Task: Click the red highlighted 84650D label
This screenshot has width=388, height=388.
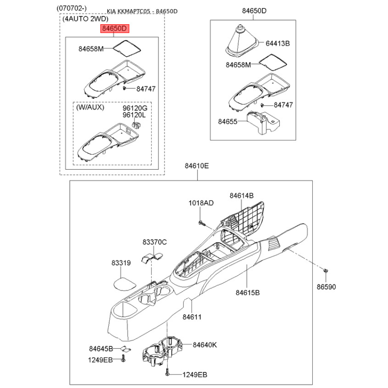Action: (114, 29)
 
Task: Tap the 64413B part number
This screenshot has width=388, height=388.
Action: (277, 43)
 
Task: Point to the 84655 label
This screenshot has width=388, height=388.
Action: (227, 122)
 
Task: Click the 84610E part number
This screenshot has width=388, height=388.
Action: (197, 165)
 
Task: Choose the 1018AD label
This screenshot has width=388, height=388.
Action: (201, 203)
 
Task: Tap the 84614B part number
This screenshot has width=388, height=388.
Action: (242, 195)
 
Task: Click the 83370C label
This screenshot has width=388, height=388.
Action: (155, 242)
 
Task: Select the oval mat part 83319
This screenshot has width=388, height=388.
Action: (125, 283)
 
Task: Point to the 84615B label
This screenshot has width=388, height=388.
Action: (248, 292)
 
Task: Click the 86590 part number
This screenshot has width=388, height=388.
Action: (326, 287)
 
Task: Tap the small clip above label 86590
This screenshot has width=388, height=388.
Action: (326, 271)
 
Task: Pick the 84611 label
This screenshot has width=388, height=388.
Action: (192, 317)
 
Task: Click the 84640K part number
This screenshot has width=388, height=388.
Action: (205, 345)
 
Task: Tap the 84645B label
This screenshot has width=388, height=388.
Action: (101, 349)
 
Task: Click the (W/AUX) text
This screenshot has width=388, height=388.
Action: (90, 107)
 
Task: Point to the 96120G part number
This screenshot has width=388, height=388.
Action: (135, 108)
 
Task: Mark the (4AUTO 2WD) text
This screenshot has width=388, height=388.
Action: (85, 19)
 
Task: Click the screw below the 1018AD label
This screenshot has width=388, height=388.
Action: (202, 223)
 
